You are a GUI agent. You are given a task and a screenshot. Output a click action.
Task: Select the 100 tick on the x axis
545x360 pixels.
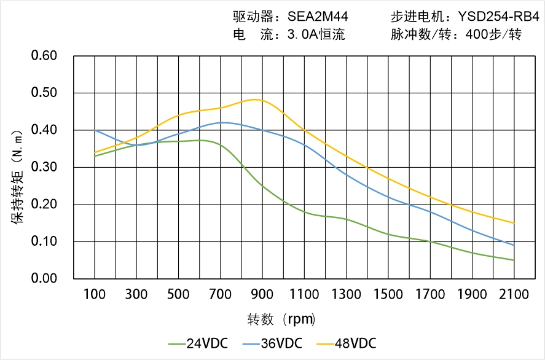tap(95, 294)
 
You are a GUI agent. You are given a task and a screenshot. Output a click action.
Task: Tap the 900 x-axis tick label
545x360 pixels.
tap(262, 294)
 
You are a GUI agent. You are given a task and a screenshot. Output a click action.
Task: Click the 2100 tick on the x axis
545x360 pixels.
tap(514, 294)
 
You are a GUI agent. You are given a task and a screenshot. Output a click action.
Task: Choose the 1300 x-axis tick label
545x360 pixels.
tap(346, 294)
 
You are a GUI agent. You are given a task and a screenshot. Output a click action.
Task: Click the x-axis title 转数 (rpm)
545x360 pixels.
tap(281, 319)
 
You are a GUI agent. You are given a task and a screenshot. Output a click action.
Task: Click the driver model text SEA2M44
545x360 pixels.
tap(318, 17)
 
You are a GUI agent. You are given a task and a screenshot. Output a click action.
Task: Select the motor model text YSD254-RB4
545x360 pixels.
tap(498, 17)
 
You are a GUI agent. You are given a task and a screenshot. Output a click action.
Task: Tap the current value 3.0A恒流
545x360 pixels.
tap(316, 34)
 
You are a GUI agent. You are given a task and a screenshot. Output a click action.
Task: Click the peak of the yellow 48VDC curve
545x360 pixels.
tap(257, 100)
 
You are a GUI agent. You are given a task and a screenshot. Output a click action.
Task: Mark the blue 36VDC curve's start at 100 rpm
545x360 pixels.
tap(95, 130)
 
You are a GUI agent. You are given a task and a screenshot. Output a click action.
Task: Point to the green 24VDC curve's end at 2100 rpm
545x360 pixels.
tap(514, 260)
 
